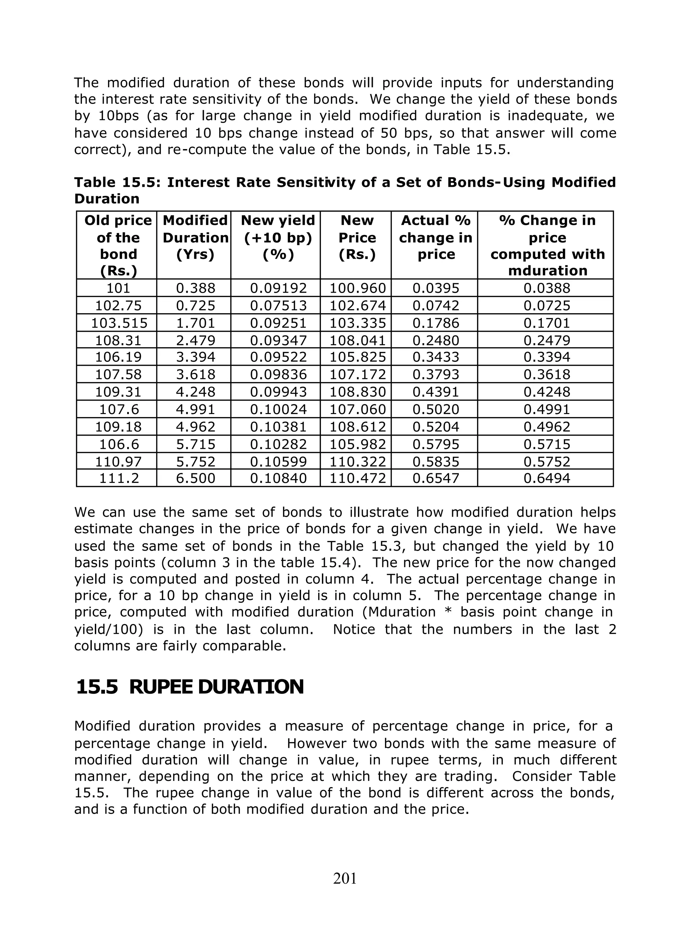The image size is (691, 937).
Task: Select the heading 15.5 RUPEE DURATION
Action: [x=190, y=687]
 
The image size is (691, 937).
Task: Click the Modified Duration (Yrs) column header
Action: [x=195, y=237]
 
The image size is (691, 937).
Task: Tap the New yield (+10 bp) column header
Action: [x=278, y=237]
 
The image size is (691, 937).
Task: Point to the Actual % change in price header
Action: [x=436, y=237]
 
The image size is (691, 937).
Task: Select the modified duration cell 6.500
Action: [x=195, y=478]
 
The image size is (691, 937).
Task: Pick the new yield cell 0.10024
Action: [x=278, y=409]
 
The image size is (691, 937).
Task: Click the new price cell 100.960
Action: [x=358, y=288]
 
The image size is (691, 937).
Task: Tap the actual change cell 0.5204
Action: [x=436, y=427]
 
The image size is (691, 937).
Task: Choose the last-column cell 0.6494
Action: [x=547, y=478]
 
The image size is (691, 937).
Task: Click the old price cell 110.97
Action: [x=118, y=461]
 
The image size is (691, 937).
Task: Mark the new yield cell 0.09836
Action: [x=278, y=375]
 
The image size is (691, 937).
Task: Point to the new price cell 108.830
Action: [x=358, y=392]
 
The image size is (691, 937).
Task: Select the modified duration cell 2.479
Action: [x=195, y=341]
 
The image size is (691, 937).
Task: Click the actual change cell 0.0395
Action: [x=436, y=288]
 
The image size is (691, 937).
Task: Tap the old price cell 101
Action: [x=118, y=288]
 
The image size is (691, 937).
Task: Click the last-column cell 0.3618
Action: [x=547, y=375]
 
